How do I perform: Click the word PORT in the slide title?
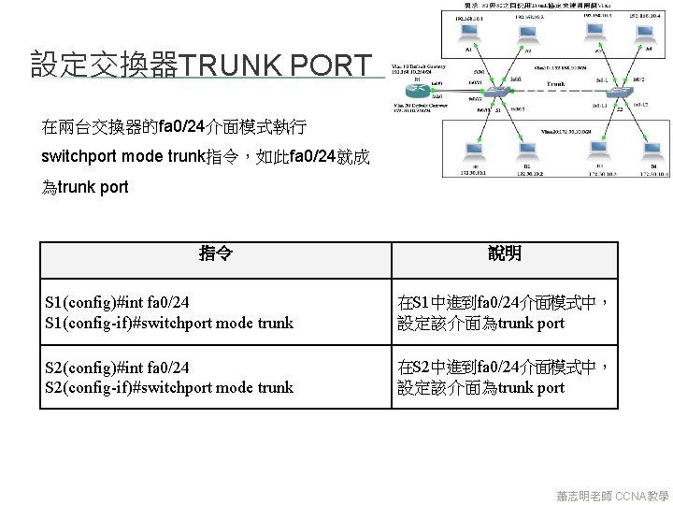pyautogui.click(x=331, y=65)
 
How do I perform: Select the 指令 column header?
pyautogui.click(x=216, y=254)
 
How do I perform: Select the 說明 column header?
pyautogui.click(x=505, y=254)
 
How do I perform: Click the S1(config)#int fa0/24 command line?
pyautogui.click(x=117, y=303)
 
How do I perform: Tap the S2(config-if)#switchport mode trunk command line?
pyautogui.click(x=169, y=387)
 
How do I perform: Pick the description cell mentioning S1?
pyautogui.click(x=505, y=313)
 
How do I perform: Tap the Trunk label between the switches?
pyautogui.click(x=556, y=83)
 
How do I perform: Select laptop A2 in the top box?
pyautogui.click(x=528, y=36)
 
